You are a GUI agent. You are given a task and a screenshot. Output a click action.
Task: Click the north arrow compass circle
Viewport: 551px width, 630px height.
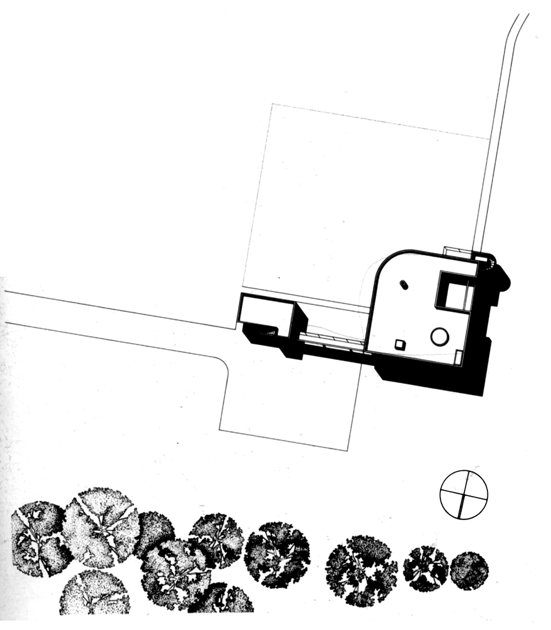(463, 494)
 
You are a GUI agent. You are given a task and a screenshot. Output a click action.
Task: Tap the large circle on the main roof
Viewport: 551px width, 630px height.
(440, 336)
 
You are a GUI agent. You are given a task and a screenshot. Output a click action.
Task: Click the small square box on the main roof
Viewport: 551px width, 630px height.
(400, 345)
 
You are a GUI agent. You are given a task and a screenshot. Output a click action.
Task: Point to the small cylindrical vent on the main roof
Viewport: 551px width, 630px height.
(403, 283)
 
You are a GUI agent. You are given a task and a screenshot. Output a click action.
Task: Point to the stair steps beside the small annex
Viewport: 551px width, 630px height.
(269, 330)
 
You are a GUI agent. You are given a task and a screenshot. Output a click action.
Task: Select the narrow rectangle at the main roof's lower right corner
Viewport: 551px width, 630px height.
(458, 358)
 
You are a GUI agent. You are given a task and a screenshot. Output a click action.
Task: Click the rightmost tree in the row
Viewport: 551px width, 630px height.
(469, 570)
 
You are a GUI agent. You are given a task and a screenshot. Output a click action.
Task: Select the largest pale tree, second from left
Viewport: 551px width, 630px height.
(101, 526)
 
